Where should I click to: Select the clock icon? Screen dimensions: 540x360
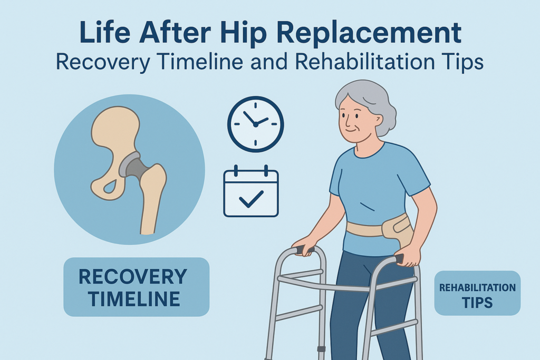[256, 124]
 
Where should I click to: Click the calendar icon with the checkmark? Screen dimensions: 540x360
[250, 191]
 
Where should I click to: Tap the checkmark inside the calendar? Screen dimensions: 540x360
[251, 199]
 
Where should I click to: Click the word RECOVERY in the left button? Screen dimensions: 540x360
[133, 276]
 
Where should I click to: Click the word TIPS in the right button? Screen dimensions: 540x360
[477, 303]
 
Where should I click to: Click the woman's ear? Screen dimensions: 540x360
[378, 121]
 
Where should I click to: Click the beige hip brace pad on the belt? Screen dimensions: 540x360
[398, 230]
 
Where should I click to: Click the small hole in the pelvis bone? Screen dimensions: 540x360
[110, 187]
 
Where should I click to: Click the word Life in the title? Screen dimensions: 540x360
[105, 33]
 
